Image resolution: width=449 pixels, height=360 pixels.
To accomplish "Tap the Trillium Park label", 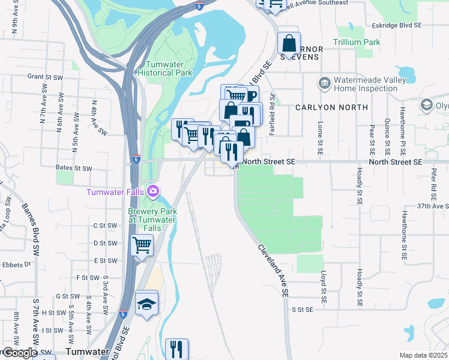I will tap(358, 43).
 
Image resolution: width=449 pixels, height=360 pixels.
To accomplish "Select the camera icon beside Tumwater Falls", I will tap(154, 191).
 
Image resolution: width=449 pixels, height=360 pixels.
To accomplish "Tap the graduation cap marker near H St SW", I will tap(146, 302).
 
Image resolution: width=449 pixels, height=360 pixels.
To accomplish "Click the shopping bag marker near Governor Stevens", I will tap(289, 43).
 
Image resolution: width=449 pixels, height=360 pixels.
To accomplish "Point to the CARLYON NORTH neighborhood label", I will tap(331, 107).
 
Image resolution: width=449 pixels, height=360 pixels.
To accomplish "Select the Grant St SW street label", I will tap(45, 77).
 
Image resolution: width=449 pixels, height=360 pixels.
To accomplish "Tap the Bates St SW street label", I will tap(74, 169).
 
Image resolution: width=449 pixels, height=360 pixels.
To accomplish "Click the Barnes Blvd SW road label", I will tap(29, 226).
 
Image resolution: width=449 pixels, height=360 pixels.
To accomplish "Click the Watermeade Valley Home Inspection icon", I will tap(324, 82).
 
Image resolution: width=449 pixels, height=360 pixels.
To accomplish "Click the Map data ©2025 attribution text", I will tap(423, 355).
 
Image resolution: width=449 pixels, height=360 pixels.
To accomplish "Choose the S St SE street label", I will tap(303, 310).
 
